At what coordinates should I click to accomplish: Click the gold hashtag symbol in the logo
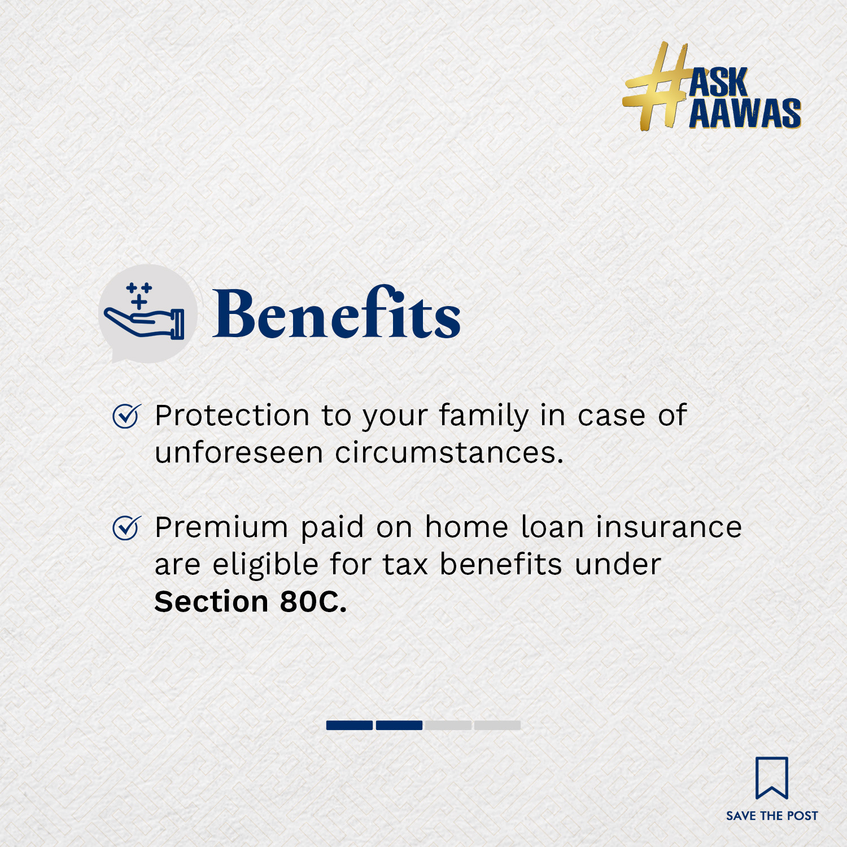tap(655, 86)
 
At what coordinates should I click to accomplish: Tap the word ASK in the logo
tap(719, 82)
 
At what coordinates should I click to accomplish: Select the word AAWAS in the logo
tap(745, 113)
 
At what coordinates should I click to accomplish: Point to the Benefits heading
tap(337, 313)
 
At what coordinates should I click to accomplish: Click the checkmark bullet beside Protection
tap(126, 416)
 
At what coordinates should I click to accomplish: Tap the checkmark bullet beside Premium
tap(126, 528)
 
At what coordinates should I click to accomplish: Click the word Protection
tap(232, 416)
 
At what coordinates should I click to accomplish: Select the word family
tap(484, 417)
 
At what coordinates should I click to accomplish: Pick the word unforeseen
tap(238, 453)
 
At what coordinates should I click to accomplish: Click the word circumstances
tap(449, 453)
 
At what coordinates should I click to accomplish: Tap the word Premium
tap(221, 527)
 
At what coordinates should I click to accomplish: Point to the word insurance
tap(669, 527)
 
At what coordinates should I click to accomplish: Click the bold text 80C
tap(313, 602)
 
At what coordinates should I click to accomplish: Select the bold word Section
tap(211, 602)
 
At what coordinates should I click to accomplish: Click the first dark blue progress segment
tap(350, 725)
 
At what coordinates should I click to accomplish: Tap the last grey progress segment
tap(497, 725)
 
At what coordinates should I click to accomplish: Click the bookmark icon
tap(772, 778)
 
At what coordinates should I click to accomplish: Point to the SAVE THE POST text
tap(772, 816)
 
